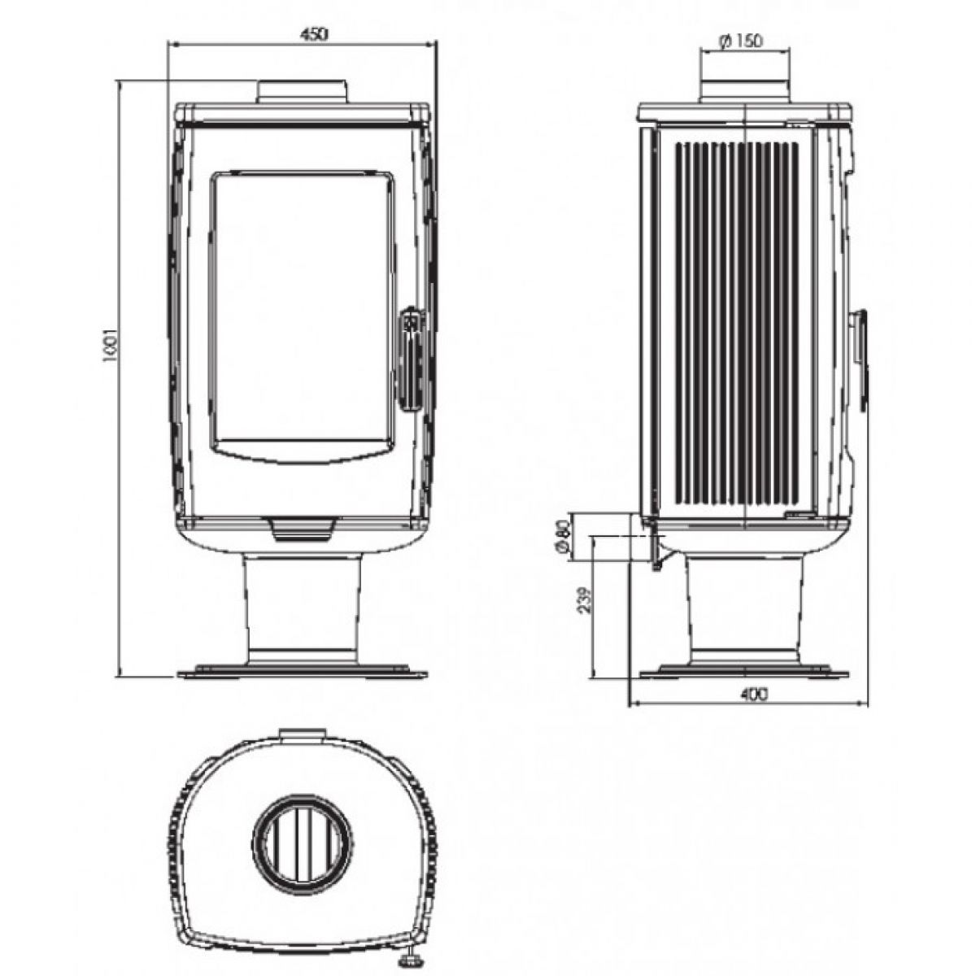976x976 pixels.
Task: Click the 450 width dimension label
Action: click(314, 34)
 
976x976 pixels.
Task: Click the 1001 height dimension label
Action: click(110, 345)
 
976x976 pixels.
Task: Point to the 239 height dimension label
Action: click(585, 600)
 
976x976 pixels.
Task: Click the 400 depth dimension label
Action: click(754, 694)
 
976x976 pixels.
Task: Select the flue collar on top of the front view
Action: click(303, 92)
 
